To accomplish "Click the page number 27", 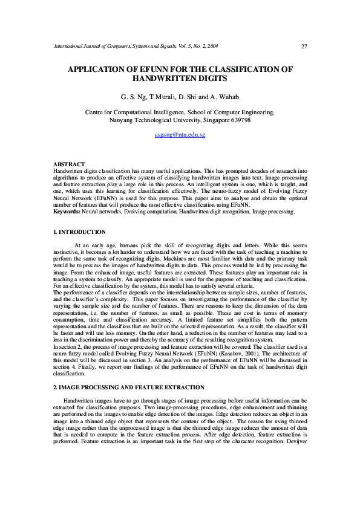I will pos(304,47).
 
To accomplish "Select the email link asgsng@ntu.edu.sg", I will pos(180,135).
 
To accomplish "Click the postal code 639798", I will pos(238,120).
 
